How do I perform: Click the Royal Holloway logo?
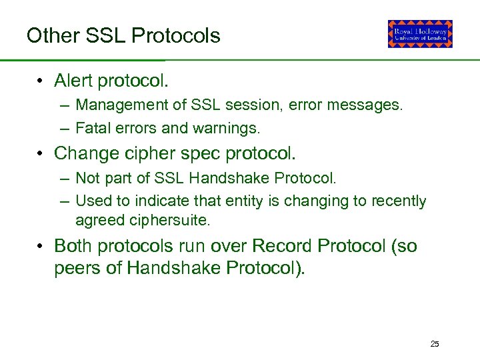[x=420, y=33]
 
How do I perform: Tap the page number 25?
[x=435, y=344]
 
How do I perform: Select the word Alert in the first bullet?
[x=73, y=81]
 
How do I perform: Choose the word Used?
[x=89, y=201]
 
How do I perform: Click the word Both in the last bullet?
[x=74, y=246]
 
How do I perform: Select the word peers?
[x=77, y=268]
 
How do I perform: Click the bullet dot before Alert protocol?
[x=41, y=81]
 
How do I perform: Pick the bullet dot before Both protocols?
[x=41, y=247]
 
